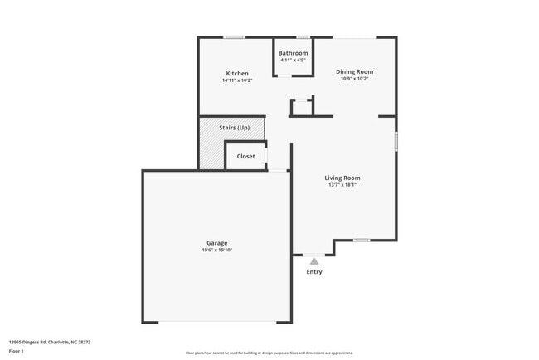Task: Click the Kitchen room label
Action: click(x=237, y=73)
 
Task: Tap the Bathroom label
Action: click(x=293, y=53)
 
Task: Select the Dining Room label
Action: click(x=354, y=71)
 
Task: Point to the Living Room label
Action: click(x=342, y=178)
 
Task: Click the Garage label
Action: click(x=217, y=243)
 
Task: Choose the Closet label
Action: click(x=246, y=156)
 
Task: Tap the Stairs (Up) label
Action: click(x=234, y=128)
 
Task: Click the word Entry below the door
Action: click(x=314, y=272)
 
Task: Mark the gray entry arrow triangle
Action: click(x=313, y=260)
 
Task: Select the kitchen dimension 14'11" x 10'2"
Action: click(x=237, y=80)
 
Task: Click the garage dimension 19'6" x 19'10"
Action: click(x=217, y=250)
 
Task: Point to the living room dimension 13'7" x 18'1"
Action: click(x=342, y=185)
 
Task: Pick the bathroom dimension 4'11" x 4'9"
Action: click(x=293, y=60)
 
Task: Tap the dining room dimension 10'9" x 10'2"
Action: click(x=354, y=79)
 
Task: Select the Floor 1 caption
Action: click(x=17, y=351)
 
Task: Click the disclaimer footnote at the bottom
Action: click(x=269, y=353)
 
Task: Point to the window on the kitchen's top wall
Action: click(x=234, y=36)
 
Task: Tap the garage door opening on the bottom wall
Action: click(x=217, y=322)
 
